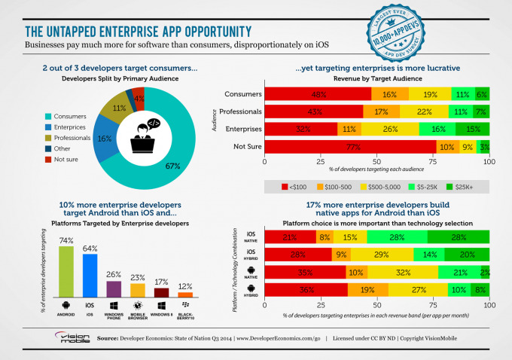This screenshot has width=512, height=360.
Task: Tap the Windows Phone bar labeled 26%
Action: coord(114,289)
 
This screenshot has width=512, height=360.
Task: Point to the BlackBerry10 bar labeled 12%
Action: coord(185,294)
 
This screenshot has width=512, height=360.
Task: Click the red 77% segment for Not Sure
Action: coord(349,146)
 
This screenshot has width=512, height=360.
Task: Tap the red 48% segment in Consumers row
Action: coord(318,94)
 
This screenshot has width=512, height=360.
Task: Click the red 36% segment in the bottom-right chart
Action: coord(305,288)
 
